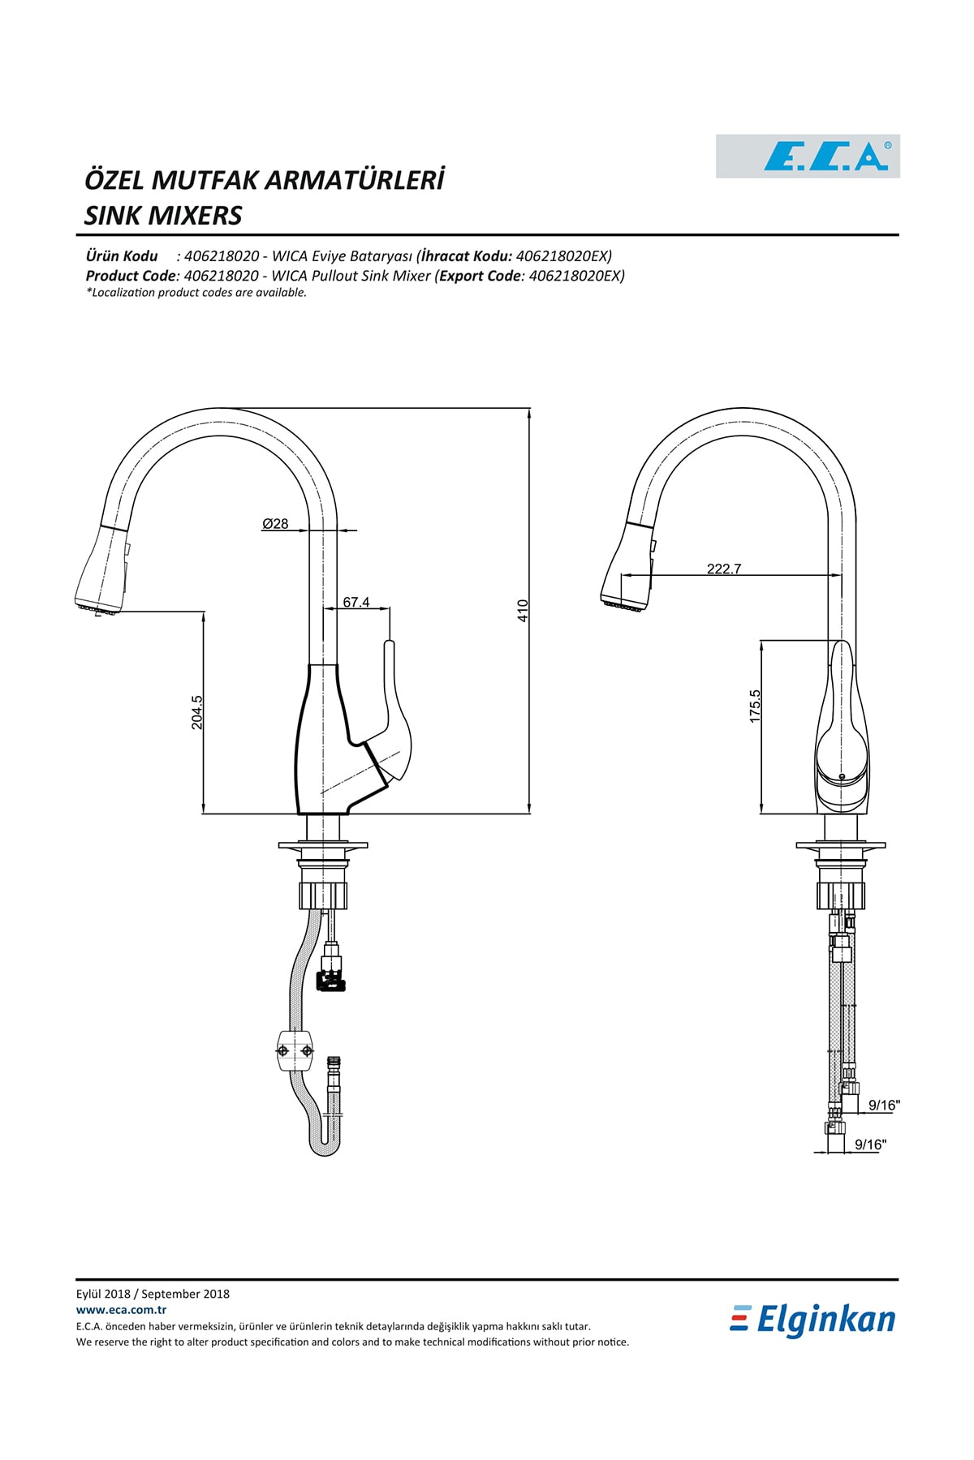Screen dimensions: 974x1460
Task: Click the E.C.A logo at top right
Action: [808, 156]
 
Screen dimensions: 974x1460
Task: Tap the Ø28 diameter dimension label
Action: [275, 524]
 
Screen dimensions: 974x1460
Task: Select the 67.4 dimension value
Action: [356, 602]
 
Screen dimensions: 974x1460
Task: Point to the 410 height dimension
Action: [523, 610]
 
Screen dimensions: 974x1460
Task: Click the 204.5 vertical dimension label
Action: [197, 712]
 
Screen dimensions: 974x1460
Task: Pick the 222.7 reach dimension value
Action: [724, 569]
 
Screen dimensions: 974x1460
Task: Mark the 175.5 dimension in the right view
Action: [755, 706]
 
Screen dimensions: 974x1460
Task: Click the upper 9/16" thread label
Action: [884, 1105]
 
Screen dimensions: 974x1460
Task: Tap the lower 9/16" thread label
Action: [870, 1144]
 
